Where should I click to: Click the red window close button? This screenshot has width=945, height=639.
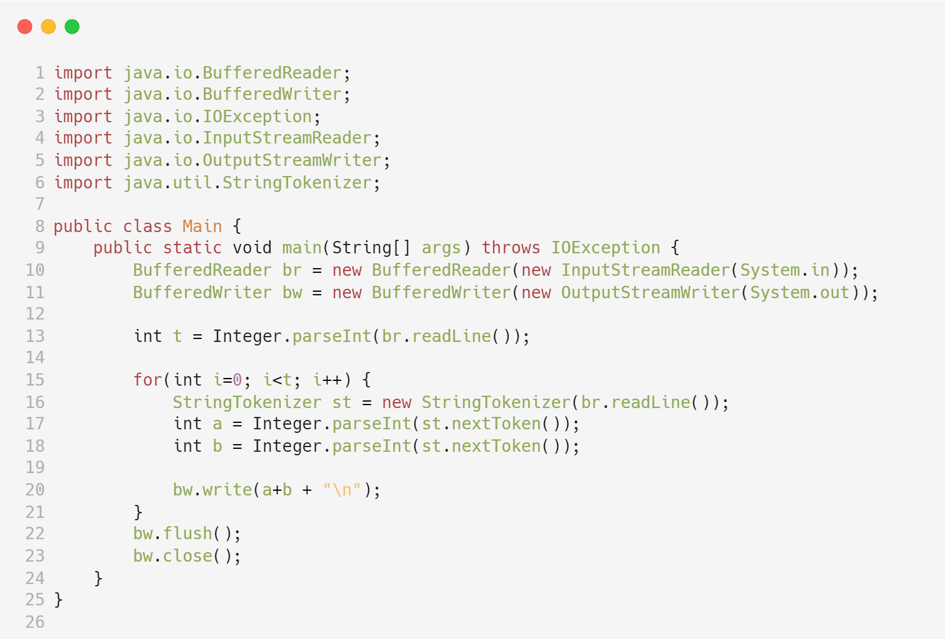(25, 27)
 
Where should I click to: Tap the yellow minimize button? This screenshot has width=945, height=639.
(48, 27)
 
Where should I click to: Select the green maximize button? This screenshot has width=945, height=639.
(72, 27)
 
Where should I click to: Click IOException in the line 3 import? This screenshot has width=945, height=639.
(257, 116)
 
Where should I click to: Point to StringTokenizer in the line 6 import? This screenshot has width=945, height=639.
(296, 182)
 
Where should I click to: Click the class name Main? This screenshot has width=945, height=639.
(202, 226)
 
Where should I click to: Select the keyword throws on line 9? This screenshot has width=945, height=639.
(511, 247)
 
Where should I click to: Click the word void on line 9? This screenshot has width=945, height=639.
(252, 247)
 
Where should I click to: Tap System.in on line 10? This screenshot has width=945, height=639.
(785, 270)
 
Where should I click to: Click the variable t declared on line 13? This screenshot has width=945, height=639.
(177, 336)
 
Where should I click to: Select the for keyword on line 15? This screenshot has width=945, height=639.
(148, 380)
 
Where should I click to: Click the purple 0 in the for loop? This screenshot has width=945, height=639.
(237, 380)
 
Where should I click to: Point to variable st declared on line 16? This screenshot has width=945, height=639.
(341, 402)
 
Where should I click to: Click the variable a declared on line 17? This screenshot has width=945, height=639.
(217, 423)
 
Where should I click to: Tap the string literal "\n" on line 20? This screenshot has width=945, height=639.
(342, 490)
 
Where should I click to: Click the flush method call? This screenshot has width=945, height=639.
(188, 533)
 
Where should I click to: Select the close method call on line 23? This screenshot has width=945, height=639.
(188, 556)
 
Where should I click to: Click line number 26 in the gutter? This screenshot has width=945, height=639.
(35, 622)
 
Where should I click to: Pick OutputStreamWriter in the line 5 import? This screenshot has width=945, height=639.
(292, 160)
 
